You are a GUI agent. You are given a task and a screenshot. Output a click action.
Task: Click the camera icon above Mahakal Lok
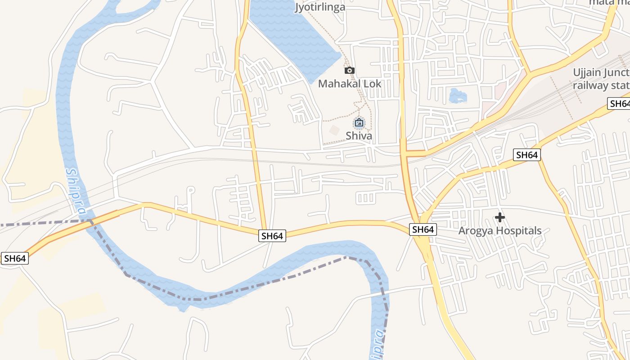[349, 70]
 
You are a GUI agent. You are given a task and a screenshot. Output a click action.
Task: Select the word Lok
[373, 84]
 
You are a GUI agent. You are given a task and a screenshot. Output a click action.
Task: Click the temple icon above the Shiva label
[359, 122]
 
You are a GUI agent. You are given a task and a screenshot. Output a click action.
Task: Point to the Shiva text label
[359, 135]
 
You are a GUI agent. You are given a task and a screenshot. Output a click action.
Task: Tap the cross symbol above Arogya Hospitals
[499, 217]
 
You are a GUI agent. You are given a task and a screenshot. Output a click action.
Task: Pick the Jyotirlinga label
[320, 7]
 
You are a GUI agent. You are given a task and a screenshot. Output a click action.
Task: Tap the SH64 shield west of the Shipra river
[15, 258]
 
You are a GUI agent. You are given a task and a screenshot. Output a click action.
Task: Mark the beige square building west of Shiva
[334, 130]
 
